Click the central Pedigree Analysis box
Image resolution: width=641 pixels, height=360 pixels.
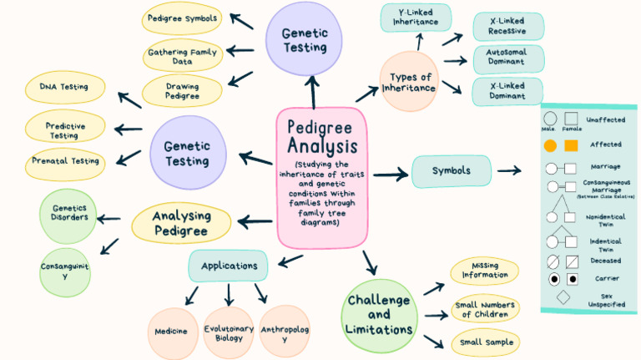[x=321, y=177]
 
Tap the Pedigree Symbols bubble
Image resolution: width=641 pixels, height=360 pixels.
[x=182, y=18]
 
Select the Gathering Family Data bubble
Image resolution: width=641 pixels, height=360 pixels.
[x=183, y=56]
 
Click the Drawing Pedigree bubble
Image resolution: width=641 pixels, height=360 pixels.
[x=183, y=90]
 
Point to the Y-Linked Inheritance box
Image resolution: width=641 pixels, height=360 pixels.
[x=416, y=18]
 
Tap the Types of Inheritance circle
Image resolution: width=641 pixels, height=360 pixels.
[x=409, y=82]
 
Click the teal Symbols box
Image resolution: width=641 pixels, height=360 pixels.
[x=451, y=171]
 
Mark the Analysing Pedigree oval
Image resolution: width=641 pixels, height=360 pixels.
[x=181, y=223]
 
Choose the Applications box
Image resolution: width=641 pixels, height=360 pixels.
[x=229, y=266]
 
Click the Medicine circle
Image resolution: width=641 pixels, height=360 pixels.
[x=171, y=331]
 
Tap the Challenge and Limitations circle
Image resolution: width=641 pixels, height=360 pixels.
[x=379, y=313]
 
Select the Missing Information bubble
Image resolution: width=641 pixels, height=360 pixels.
[x=485, y=271]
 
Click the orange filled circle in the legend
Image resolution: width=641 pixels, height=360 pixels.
[x=550, y=145]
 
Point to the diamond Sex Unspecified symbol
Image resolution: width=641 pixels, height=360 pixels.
[x=563, y=297]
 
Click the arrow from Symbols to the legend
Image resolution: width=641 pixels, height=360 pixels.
[x=509, y=171]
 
